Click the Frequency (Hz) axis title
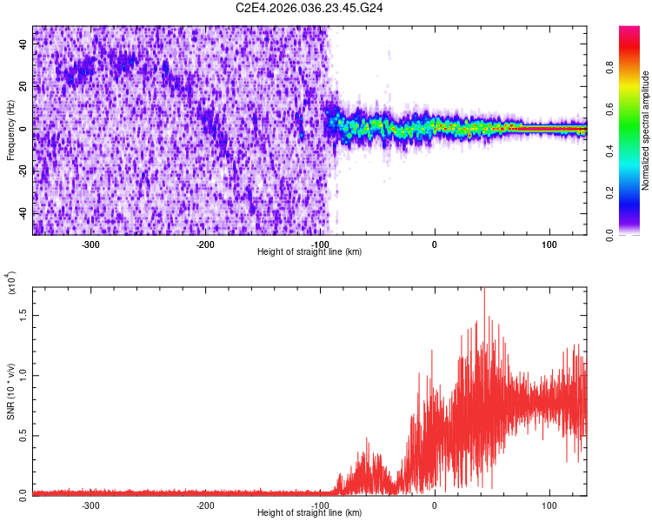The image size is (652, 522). tap(10, 130)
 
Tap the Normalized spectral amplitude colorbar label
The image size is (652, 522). tap(646, 130)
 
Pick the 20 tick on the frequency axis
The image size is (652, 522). tap(23, 87)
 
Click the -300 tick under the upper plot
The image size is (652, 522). tap(91, 244)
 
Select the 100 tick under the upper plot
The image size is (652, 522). tap(549, 244)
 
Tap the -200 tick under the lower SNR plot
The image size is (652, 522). tap(206, 505)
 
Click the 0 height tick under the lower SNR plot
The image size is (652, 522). tap(435, 505)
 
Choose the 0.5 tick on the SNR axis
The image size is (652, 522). tap(23, 435)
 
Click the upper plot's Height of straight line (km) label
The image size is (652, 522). tap(309, 252)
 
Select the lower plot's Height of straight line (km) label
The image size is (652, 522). tap(309, 513)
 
